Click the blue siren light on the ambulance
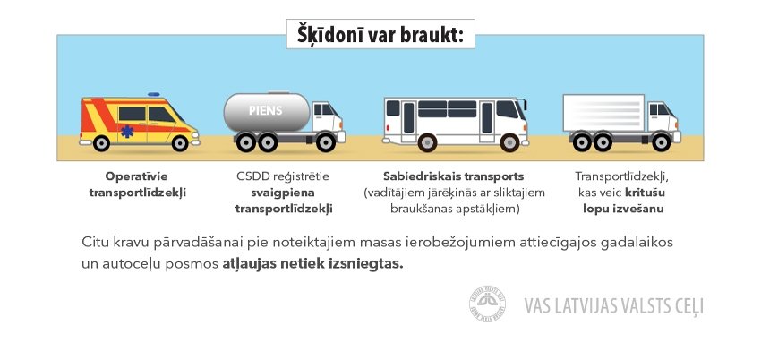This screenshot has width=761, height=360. point(154,94)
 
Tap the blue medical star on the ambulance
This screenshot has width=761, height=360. point(126,132)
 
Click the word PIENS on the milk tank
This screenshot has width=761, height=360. point(266,111)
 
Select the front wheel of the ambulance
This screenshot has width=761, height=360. point(180,142)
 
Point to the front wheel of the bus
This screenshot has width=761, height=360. point(509,142)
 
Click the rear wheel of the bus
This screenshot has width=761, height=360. point(427,142)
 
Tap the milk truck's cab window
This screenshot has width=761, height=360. point(324,109)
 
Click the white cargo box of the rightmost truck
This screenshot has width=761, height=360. point(603,113)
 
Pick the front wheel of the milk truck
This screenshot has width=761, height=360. point(325,142)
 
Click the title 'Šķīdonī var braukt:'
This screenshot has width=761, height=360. point(380,34)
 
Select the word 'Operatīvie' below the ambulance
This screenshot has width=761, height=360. point(136,176)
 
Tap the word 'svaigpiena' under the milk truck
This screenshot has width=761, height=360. point(283,193)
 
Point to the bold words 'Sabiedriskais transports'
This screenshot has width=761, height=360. point(454,176)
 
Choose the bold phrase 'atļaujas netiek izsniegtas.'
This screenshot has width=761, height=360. point(313,265)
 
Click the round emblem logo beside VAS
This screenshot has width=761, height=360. point(487,304)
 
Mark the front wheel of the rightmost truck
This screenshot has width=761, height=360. point(661,142)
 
